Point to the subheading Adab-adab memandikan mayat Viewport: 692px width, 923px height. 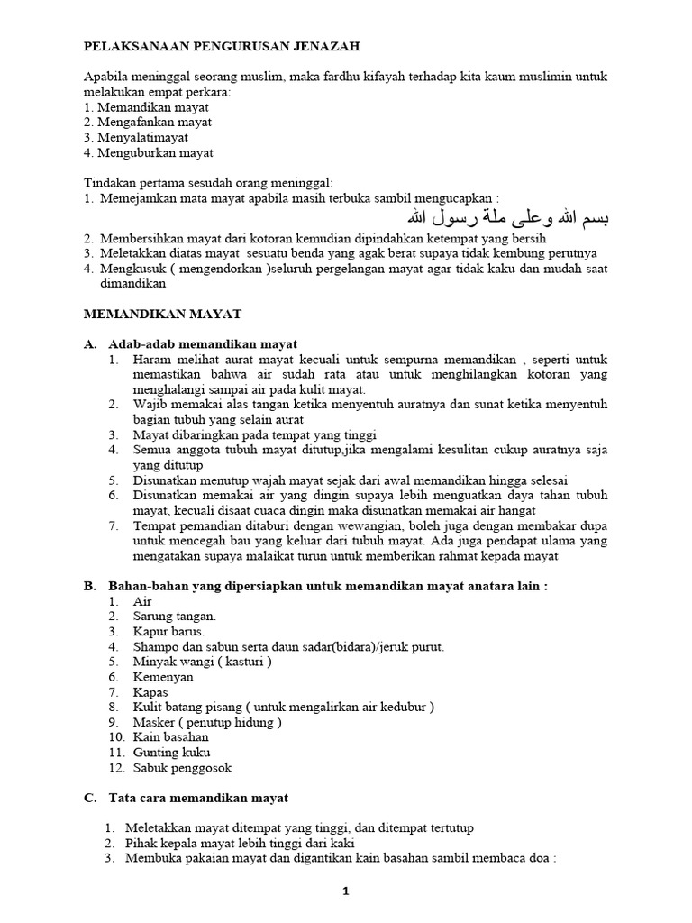coord(203,344)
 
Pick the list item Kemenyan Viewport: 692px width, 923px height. coord(165,676)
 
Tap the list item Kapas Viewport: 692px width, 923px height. coord(151,691)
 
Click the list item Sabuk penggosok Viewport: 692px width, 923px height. coord(182,767)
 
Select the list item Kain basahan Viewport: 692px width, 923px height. coord(171,736)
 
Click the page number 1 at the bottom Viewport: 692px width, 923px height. coord(344,891)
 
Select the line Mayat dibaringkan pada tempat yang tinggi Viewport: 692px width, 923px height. coord(255,434)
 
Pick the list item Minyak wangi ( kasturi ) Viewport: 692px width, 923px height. coord(203,661)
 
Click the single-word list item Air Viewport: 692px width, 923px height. coord(142,600)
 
